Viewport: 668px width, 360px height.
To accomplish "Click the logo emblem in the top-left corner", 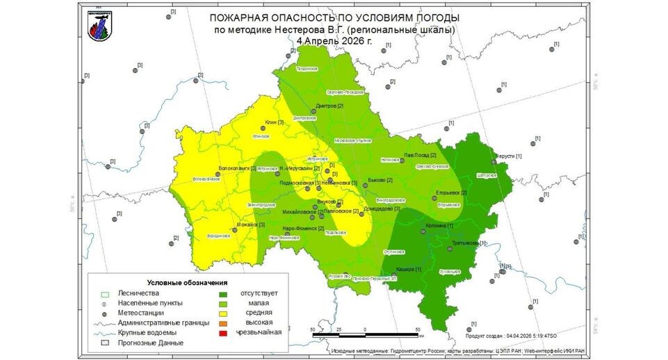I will coord(99,25).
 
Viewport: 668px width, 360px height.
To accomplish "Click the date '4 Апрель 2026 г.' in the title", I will coord(334,40).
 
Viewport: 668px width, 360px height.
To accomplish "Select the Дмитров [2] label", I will coord(330,106).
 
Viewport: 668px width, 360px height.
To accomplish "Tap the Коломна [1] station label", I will coord(441,225).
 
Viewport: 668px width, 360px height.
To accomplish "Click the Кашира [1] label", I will coord(408,269).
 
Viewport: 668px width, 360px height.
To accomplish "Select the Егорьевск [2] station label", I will coord(451,193).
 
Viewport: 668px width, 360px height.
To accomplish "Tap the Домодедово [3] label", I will coord(382,208).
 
